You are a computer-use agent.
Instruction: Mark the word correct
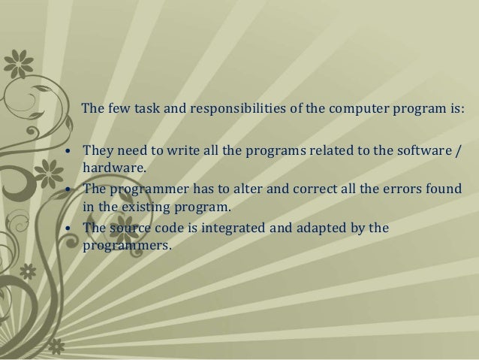point(300,189)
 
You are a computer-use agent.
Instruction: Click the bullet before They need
point(69,153)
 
